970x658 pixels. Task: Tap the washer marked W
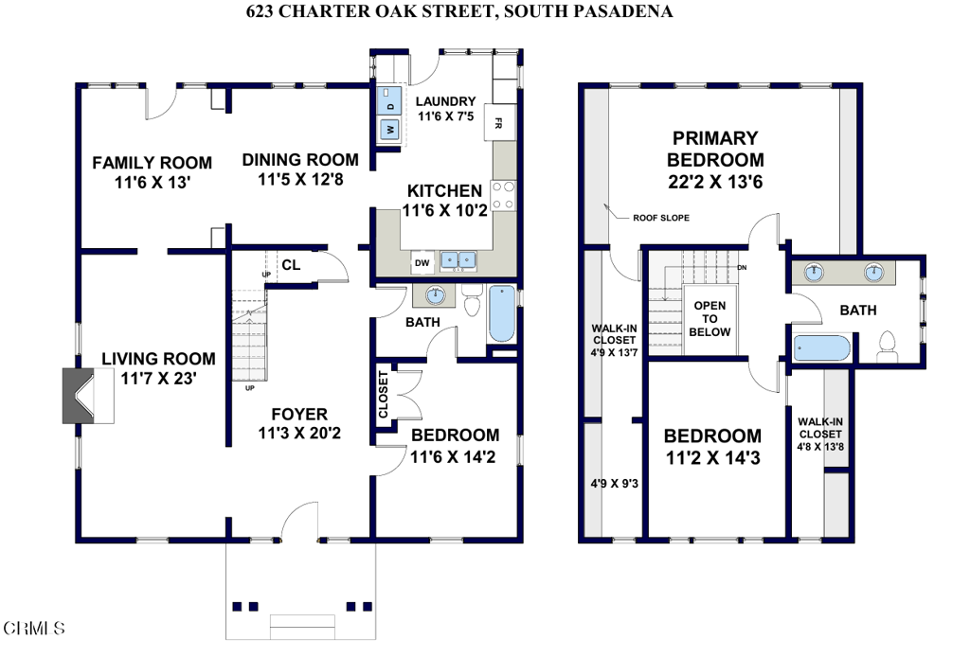point(389,130)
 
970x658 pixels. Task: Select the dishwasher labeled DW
point(422,263)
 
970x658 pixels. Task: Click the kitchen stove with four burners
point(504,195)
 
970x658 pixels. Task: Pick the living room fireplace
point(88,396)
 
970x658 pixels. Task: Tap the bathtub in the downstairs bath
point(502,313)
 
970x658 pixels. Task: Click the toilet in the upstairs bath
point(887,347)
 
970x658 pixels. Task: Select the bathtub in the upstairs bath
point(821,348)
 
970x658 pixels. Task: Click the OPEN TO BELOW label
point(710,318)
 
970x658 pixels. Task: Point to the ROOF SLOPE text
point(660,218)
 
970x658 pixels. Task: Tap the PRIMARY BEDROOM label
point(715,149)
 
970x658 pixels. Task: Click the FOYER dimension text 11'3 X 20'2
point(299,433)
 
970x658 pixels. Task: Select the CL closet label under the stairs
point(291,265)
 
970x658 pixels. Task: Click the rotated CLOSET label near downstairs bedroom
point(383,395)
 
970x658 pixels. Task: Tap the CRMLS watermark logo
point(35,629)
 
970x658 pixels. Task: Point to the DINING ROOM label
point(300,160)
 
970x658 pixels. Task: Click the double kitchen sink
point(458,259)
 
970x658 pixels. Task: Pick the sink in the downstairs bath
point(436,295)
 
